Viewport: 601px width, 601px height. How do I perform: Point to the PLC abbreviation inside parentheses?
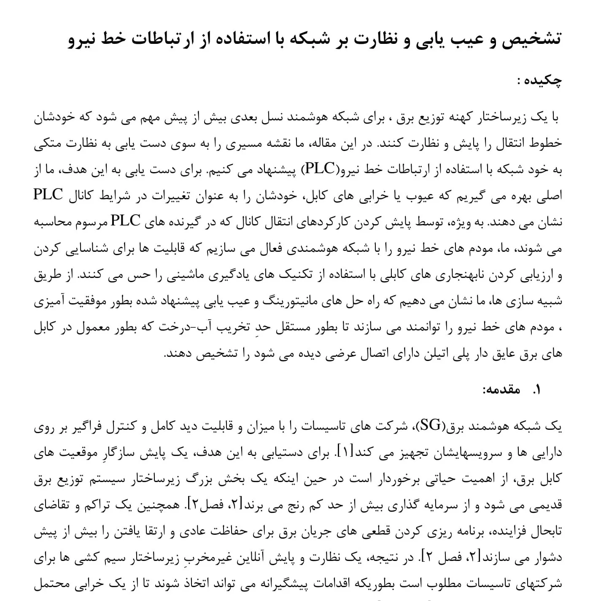[x=320, y=169]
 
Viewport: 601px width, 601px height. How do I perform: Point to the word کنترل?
[x=128, y=427]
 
